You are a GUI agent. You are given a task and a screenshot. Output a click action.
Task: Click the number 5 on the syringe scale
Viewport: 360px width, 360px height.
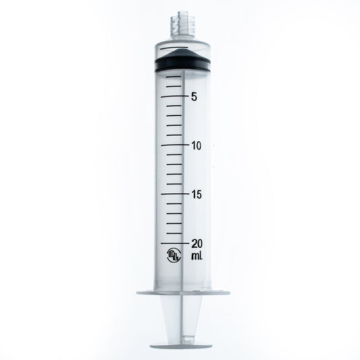(194, 97)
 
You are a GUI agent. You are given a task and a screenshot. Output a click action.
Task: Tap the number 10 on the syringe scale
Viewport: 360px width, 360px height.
(197, 146)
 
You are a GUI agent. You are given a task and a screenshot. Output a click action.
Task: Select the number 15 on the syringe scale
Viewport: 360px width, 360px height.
(197, 195)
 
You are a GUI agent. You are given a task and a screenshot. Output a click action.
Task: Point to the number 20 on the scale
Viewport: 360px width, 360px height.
(197, 244)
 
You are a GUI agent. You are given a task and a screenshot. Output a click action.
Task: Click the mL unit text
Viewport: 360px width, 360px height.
(197, 257)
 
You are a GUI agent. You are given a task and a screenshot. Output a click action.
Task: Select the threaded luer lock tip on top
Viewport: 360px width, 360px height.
(180, 26)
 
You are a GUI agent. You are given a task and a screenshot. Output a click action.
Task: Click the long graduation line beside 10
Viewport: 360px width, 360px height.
(172, 145)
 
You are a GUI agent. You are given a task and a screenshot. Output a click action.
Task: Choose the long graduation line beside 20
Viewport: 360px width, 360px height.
(172, 242)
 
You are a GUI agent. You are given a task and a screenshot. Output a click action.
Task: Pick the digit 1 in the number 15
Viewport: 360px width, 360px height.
(192, 195)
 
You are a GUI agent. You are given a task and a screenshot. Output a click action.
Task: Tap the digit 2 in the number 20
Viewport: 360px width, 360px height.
(193, 244)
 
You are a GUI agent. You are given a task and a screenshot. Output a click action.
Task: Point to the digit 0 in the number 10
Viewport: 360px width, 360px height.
(201, 146)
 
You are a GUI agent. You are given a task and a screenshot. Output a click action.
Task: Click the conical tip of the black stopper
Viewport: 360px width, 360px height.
(180, 53)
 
